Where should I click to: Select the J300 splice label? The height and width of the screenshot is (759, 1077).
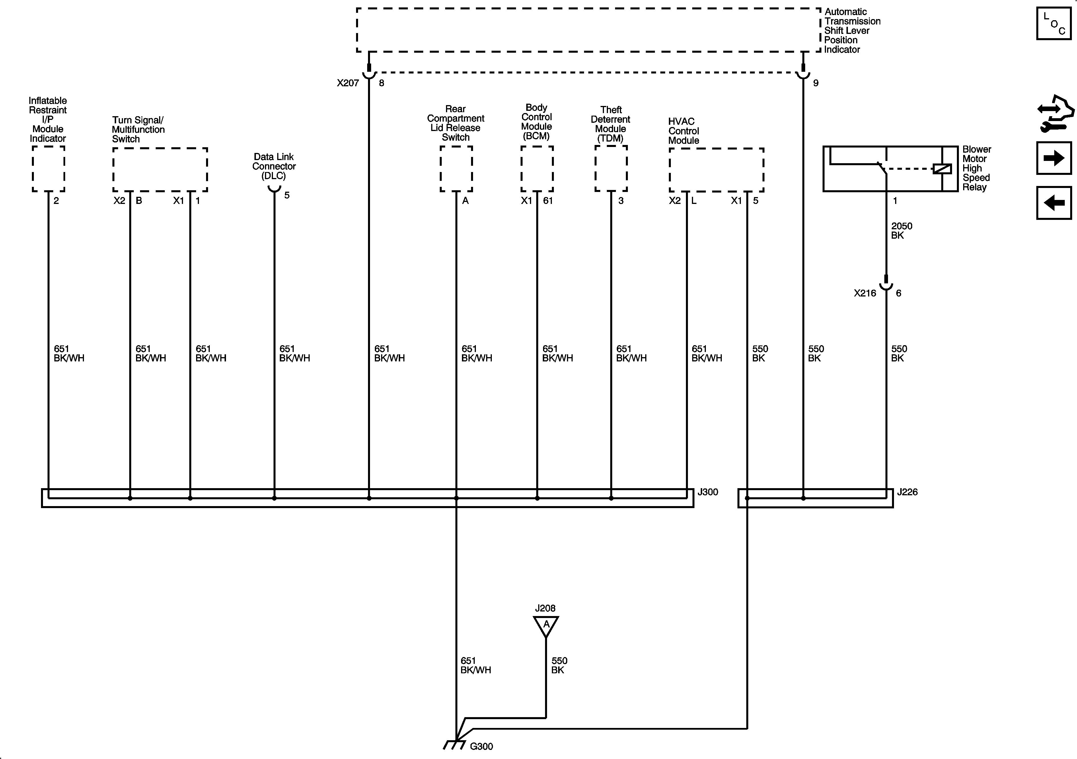707,492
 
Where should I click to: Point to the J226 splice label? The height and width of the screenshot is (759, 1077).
907,492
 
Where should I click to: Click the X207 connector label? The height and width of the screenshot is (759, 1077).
348,83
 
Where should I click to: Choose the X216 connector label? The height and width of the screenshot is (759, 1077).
864,293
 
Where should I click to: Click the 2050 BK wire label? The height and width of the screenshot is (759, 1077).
901,230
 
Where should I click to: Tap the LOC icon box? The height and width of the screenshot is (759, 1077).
1054,23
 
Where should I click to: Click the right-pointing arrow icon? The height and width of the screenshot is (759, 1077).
1054,158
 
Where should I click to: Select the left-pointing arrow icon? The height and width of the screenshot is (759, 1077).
1054,203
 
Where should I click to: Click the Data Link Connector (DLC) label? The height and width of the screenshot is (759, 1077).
274,166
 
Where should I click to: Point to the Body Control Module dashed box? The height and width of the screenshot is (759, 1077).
537,169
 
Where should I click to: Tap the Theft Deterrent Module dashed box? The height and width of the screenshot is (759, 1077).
611,169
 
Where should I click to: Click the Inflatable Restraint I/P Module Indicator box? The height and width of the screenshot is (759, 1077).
48,169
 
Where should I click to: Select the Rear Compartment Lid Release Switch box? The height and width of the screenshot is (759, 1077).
456,169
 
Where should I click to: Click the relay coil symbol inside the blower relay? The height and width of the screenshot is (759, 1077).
942,169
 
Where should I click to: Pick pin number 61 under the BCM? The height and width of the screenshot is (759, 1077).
548,201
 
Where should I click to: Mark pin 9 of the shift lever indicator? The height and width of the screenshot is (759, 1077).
816,83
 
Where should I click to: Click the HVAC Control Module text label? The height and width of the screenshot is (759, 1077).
683,131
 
